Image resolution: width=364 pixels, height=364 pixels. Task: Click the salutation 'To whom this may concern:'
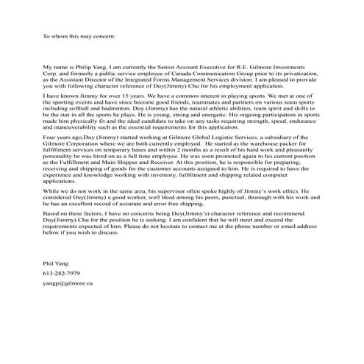click(79, 35)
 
